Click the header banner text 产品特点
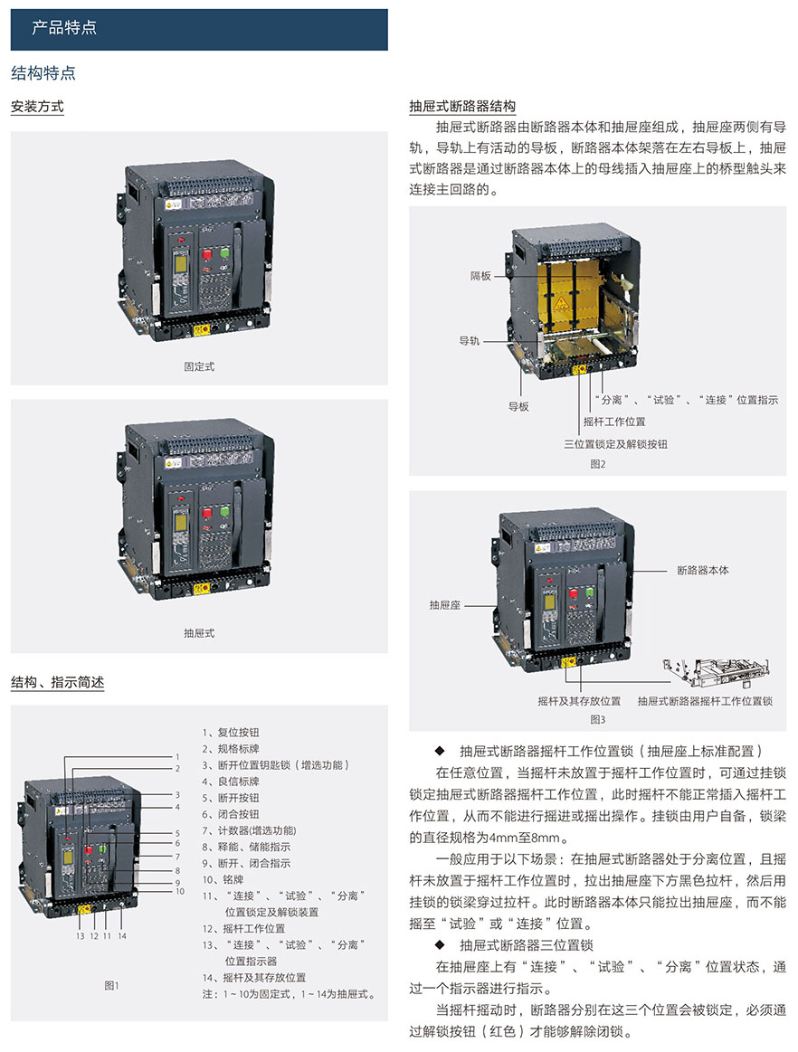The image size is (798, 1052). (64, 27)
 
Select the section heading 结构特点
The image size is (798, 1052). (43, 73)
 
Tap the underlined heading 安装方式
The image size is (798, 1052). (38, 106)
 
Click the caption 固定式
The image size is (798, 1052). (199, 366)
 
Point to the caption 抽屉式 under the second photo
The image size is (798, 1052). (199, 632)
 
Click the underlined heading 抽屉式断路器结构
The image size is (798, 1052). (462, 106)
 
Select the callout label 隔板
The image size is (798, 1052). (480, 276)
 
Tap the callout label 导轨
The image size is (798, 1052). (470, 341)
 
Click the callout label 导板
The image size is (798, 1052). (518, 406)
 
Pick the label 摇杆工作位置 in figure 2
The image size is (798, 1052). (614, 422)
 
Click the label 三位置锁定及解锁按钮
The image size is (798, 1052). (615, 443)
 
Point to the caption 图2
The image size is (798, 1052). (597, 464)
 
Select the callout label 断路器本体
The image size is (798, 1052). (703, 570)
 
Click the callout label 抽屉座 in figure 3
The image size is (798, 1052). (445, 605)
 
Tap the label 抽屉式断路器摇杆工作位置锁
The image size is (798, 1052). (705, 701)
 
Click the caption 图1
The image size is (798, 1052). (111, 985)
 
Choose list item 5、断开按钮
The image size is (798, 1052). (231, 798)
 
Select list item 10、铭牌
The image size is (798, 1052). (223, 879)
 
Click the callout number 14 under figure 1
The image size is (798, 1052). (121, 936)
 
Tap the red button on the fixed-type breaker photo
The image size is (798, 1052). (207, 253)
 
